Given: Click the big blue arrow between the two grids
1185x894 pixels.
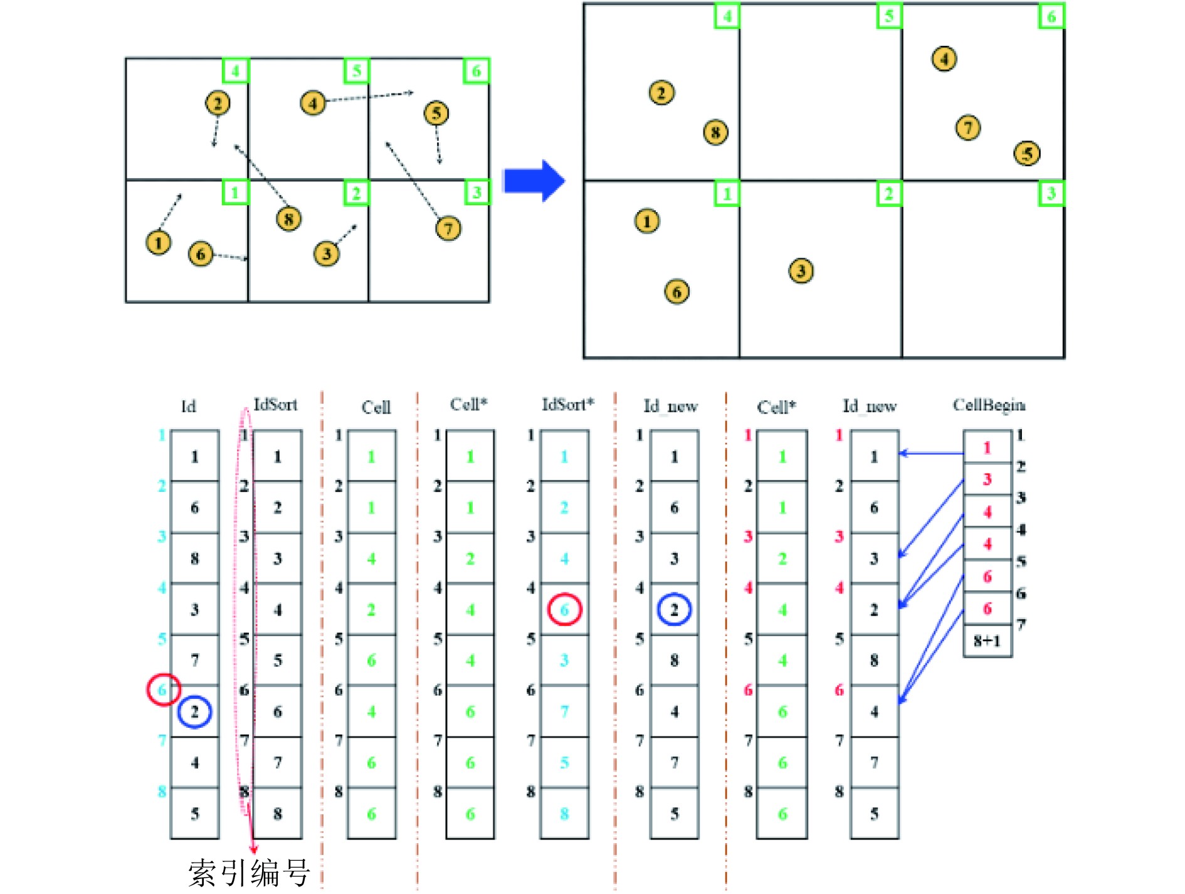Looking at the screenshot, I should tap(534, 181).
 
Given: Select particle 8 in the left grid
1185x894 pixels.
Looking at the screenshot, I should tap(288, 219).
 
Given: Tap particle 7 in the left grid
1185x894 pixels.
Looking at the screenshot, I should tap(448, 228).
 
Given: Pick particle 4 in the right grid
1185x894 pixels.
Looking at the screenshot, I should tap(944, 59).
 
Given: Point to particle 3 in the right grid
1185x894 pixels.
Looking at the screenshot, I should tap(801, 271).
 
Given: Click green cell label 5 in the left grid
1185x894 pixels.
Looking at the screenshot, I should tap(356, 71).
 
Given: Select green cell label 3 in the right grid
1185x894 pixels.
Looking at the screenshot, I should tap(1051, 193).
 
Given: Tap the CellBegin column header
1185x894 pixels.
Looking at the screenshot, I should tap(989, 405).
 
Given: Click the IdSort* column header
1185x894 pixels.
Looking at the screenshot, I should tap(567, 405).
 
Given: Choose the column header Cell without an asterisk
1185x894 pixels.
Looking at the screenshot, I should tap(376, 407).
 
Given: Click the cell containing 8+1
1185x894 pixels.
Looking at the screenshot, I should tap(987, 641).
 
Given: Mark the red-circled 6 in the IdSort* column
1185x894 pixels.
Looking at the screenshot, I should tap(564, 609).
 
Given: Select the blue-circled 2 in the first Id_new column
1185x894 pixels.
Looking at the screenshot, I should tap(674, 609).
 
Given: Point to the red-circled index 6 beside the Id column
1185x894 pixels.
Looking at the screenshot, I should tap(163, 690).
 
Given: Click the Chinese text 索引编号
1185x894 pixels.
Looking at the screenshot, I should tap(249, 873).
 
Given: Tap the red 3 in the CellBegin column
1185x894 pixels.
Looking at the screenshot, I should tap(987, 480).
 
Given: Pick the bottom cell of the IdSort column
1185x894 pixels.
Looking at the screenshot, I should tap(278, 814).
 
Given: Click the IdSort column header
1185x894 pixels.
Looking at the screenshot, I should tap(275, 405).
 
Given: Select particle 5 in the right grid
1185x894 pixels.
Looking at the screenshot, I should tap(1027, 154).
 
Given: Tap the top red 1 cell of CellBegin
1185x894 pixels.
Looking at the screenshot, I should tap(987, 447).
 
